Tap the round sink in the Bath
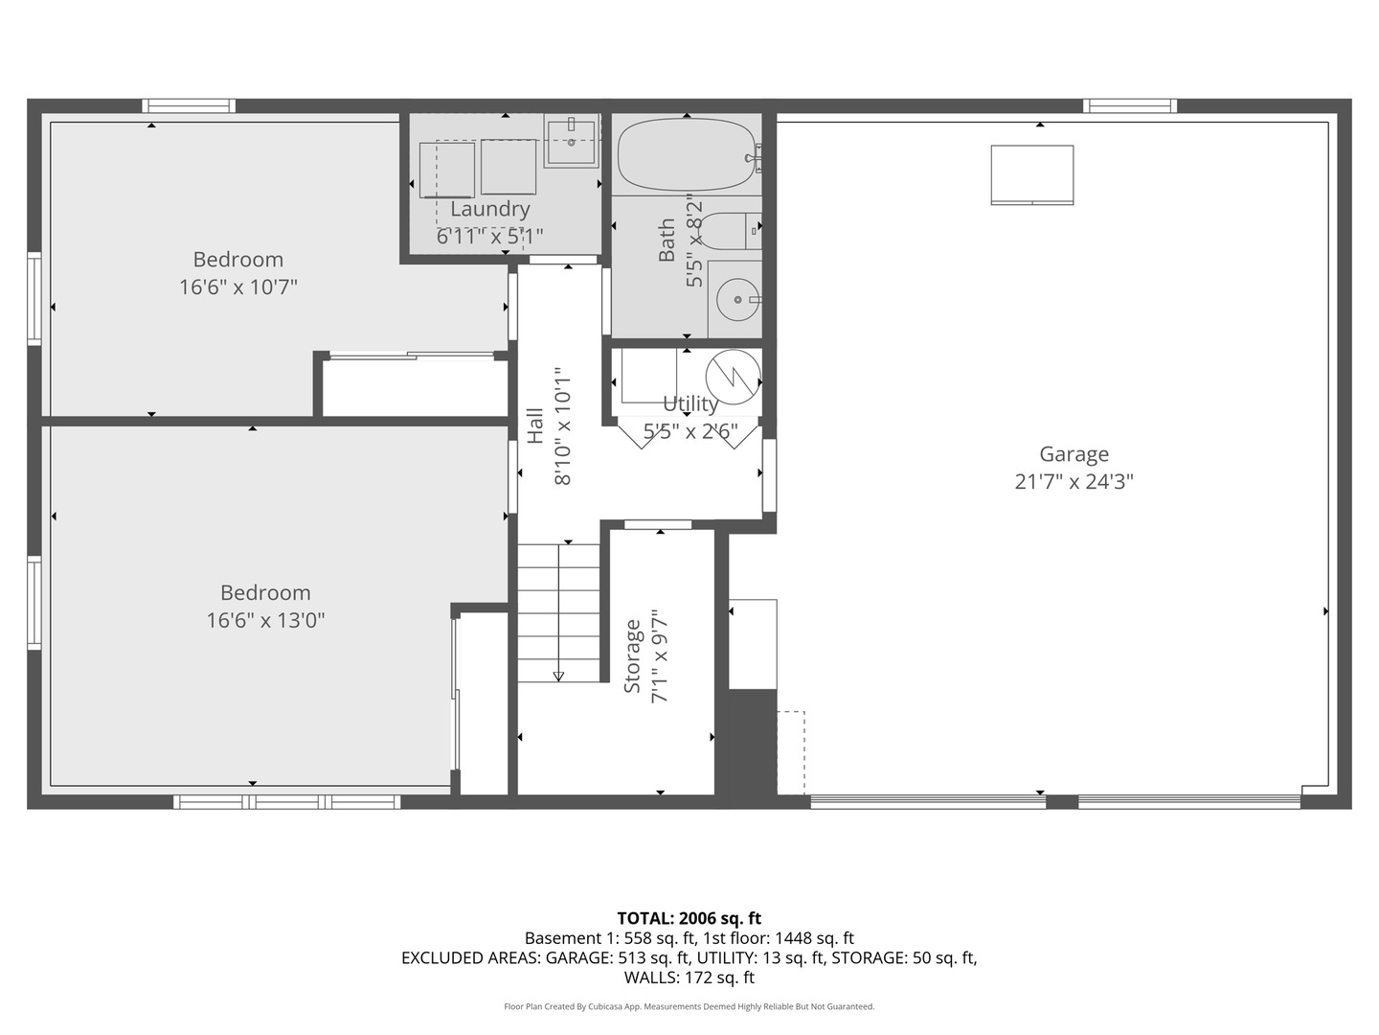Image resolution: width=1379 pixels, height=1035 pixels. [737, 300]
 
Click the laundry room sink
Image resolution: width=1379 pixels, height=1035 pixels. [572, 141]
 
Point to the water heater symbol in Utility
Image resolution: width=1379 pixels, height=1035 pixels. [733, 377]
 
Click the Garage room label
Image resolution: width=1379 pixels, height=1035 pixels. [1074, 454]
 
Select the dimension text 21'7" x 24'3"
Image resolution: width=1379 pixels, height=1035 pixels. [1074, 482]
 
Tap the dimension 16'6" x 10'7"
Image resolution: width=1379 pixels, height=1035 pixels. [238, 287]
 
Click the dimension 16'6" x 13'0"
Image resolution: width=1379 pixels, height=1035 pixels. [265, 620]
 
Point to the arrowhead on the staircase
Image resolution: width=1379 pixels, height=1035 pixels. [558, 676]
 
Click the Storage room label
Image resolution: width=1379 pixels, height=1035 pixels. [632, 656]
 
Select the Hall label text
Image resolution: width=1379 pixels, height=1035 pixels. [535, 425]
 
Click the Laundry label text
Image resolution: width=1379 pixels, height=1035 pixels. [489, 209]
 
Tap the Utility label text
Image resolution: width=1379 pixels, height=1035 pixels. [689, 403]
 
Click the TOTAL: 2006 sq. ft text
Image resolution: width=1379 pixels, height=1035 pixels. [689, 918]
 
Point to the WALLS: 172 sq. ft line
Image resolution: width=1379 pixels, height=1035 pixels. [689, 977]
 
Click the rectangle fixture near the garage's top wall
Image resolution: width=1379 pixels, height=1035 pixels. [1031, 174]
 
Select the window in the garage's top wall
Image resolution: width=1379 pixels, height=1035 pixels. [1130, 105]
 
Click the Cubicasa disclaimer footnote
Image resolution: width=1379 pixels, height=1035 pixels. [689, 1006]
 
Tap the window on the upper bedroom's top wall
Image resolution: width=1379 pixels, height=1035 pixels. [189, 105]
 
